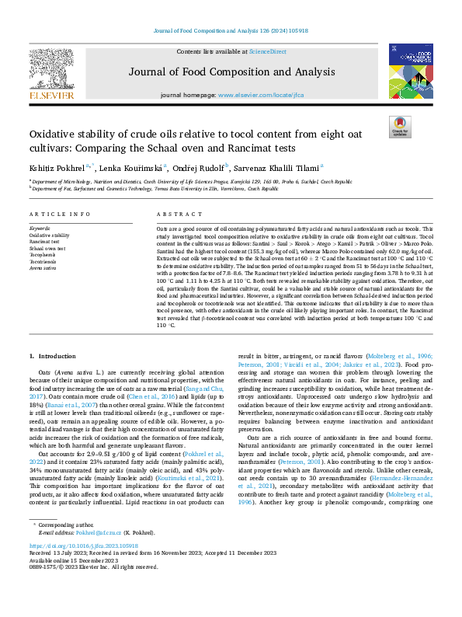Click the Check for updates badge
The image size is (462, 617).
(x=399, y=127)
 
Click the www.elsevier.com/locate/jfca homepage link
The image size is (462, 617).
(x=260, y=95)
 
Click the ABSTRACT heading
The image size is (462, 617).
(x=174, y=214)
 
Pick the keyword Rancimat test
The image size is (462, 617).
(x=45, y=242)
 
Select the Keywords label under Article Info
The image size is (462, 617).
(x=40, y=228)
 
